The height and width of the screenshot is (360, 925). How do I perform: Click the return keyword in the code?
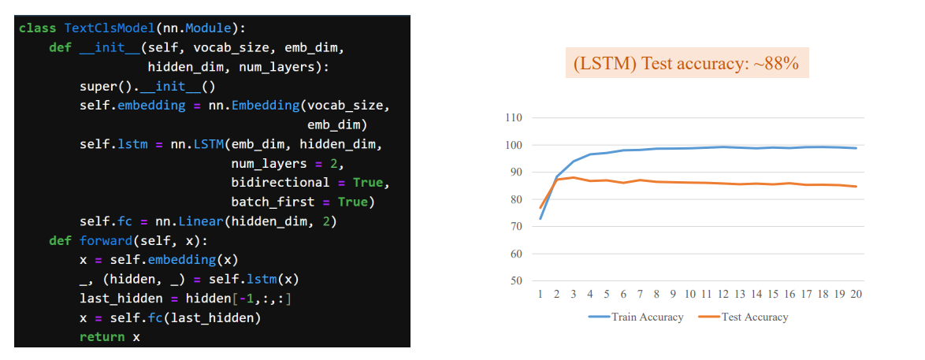102,336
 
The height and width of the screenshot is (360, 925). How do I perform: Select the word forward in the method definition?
102,241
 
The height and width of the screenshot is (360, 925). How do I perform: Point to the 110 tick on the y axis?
514,118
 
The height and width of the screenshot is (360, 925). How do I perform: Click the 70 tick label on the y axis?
517,227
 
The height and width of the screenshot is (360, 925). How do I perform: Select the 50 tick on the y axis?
517,281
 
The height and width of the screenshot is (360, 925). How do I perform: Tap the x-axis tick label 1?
540,294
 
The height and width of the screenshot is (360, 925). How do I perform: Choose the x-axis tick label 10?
689,294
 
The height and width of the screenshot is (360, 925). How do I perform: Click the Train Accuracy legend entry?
636,317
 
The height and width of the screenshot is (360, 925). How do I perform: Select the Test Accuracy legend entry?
743,317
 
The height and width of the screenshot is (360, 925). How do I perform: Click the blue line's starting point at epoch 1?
540,218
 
